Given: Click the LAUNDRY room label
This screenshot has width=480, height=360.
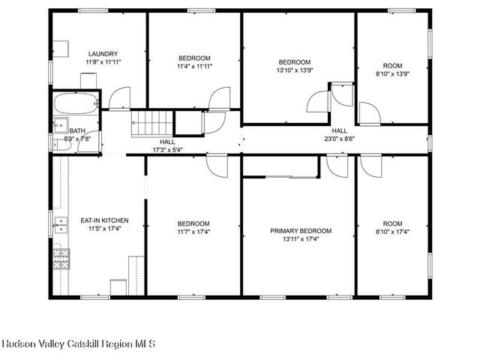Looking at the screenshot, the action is point(103,54).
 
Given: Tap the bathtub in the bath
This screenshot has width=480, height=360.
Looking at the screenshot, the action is point(76,103).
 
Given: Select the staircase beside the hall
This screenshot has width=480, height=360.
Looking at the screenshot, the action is point(152,124).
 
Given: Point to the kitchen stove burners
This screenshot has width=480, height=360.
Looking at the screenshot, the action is point(61,259).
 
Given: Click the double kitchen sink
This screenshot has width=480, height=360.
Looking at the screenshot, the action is point(61,225).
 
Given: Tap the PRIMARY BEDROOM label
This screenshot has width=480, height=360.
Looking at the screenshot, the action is point(301,231).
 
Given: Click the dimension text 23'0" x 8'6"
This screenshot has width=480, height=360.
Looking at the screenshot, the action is point(340,138).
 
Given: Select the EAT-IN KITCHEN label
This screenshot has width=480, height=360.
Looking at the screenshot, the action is point(104,220).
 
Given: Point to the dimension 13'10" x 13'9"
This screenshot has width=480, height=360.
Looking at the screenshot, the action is point(295,70).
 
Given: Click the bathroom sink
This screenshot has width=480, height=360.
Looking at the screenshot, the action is point(61,125).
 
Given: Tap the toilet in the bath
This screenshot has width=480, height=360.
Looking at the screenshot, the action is point(62,145).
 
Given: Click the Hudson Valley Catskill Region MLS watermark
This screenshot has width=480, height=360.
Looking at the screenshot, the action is point(79,343).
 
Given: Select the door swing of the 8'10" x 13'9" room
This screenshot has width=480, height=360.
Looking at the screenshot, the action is point(370,113).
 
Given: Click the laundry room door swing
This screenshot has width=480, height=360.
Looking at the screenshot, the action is point(120,98).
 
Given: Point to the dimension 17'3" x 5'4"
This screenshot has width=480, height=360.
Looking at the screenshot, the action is point(168,150).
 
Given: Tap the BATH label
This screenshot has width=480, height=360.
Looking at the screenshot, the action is point(77,131).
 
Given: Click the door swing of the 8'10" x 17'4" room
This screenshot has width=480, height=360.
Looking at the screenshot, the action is point(371,166).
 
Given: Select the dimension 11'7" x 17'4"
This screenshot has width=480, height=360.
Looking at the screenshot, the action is point(193,232).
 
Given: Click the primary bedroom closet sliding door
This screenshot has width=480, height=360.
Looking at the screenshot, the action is point(292,177).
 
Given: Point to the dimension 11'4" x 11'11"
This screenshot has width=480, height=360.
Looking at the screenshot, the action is point(194,66).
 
